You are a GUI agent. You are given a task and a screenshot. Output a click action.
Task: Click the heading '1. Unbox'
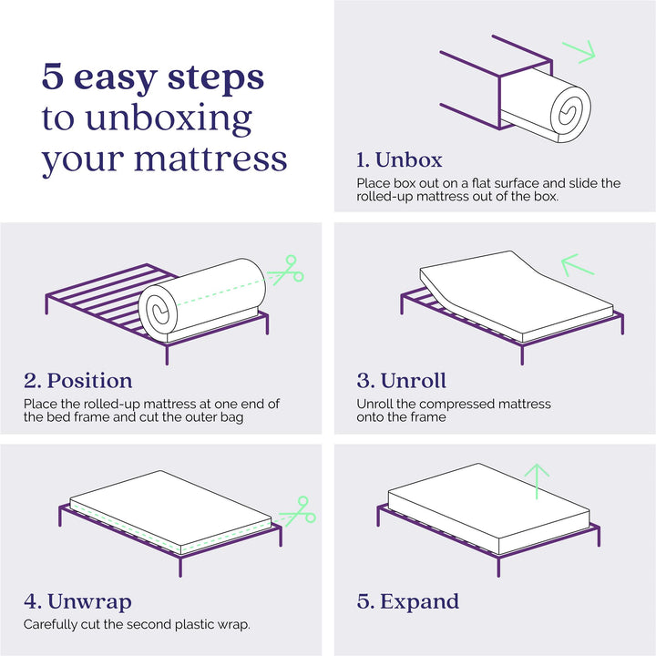399,159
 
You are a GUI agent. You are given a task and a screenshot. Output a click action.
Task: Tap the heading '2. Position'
77,381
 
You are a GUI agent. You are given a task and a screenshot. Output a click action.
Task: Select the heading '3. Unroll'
401,381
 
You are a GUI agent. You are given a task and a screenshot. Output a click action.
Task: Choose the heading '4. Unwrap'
77,602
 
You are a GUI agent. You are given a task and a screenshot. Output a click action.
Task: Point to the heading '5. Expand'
408,602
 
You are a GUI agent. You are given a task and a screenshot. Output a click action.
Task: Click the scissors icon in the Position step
287,271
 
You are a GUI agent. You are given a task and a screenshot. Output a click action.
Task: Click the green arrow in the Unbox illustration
579,52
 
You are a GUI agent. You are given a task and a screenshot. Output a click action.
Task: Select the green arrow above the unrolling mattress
578,265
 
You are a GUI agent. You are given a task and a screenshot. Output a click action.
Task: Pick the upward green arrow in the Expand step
537,481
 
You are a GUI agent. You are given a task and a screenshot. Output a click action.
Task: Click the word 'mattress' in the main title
210,159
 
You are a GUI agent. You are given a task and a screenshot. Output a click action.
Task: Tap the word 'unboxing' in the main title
169,120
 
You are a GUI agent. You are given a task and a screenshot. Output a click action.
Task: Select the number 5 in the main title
53,77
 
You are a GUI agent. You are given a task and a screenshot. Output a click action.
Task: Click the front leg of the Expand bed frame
498,566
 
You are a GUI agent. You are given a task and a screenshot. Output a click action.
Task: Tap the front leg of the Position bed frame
167,354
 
